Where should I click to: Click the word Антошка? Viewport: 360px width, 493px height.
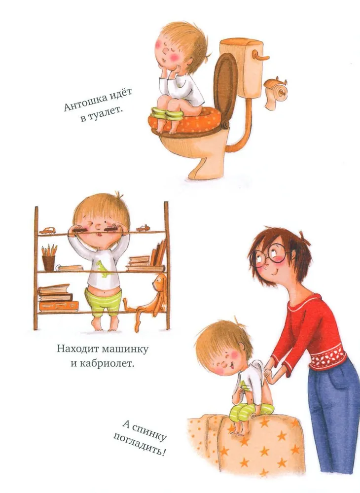pyautogui.click(x=83, y=103)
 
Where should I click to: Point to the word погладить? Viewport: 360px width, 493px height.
pyautogui.click(x=139, y=445)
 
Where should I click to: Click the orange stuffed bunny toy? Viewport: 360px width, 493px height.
pyautogui.click(x=147, y=301)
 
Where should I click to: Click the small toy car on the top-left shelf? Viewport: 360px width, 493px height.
pyautogui.click(x=47, y=231)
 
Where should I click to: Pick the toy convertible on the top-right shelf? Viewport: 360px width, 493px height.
pyautogui.click(x=144, y=228)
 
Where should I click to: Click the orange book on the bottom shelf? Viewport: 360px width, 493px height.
pyautogui.click(x=59, y=306)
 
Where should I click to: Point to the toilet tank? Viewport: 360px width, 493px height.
pyautogui.click(x=241, y=67)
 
